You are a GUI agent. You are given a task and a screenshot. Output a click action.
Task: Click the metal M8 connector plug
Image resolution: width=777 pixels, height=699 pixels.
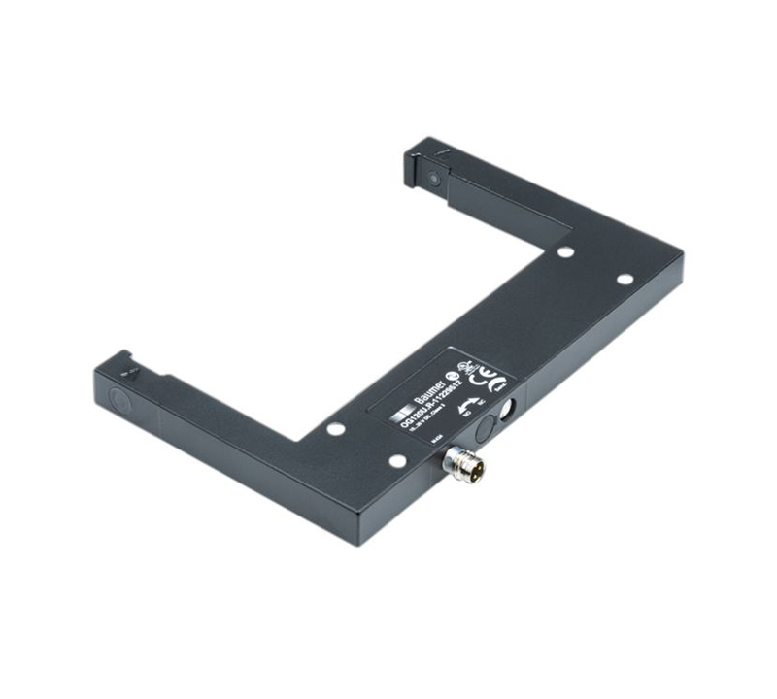coord(464,460)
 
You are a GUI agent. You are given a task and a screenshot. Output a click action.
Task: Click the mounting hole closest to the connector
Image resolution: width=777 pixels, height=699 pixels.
coord(396,461)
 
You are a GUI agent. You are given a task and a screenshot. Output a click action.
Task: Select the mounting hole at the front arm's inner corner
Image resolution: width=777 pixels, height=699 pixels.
coord(335,428)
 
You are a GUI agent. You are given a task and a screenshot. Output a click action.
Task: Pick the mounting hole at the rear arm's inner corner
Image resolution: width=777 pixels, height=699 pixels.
coord(564,251)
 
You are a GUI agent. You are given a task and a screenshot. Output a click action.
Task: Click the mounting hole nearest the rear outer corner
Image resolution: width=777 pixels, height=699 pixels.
coord(625,280)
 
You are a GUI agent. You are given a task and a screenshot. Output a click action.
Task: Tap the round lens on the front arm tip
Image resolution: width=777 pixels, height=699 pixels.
coord(119,398)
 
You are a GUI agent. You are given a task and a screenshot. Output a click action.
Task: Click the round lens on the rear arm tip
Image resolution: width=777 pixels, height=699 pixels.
coord(429,177)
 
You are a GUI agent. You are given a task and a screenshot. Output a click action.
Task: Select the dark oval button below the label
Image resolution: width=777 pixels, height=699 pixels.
coord(485,428)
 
